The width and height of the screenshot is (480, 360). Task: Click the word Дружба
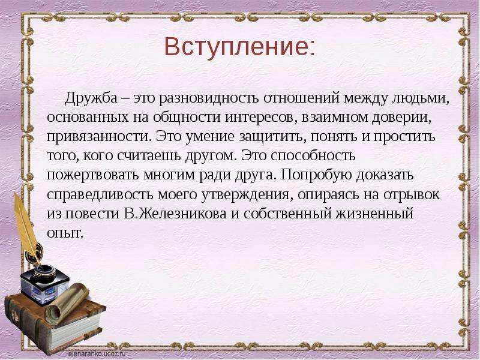(91, 98)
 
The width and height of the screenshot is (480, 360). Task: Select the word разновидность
(209, 98)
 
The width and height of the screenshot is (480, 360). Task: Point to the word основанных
(88, 117)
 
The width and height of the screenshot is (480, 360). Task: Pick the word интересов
(259, 117)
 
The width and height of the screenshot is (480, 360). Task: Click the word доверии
(401, 117)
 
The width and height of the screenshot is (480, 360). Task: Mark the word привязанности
(97, 137)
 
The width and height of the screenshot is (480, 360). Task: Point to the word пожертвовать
(92, 175)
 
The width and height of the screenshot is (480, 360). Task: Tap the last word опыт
(65, 233)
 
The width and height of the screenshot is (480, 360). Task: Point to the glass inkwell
(44, 283)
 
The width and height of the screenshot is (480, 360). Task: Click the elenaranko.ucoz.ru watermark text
(97, 353)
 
